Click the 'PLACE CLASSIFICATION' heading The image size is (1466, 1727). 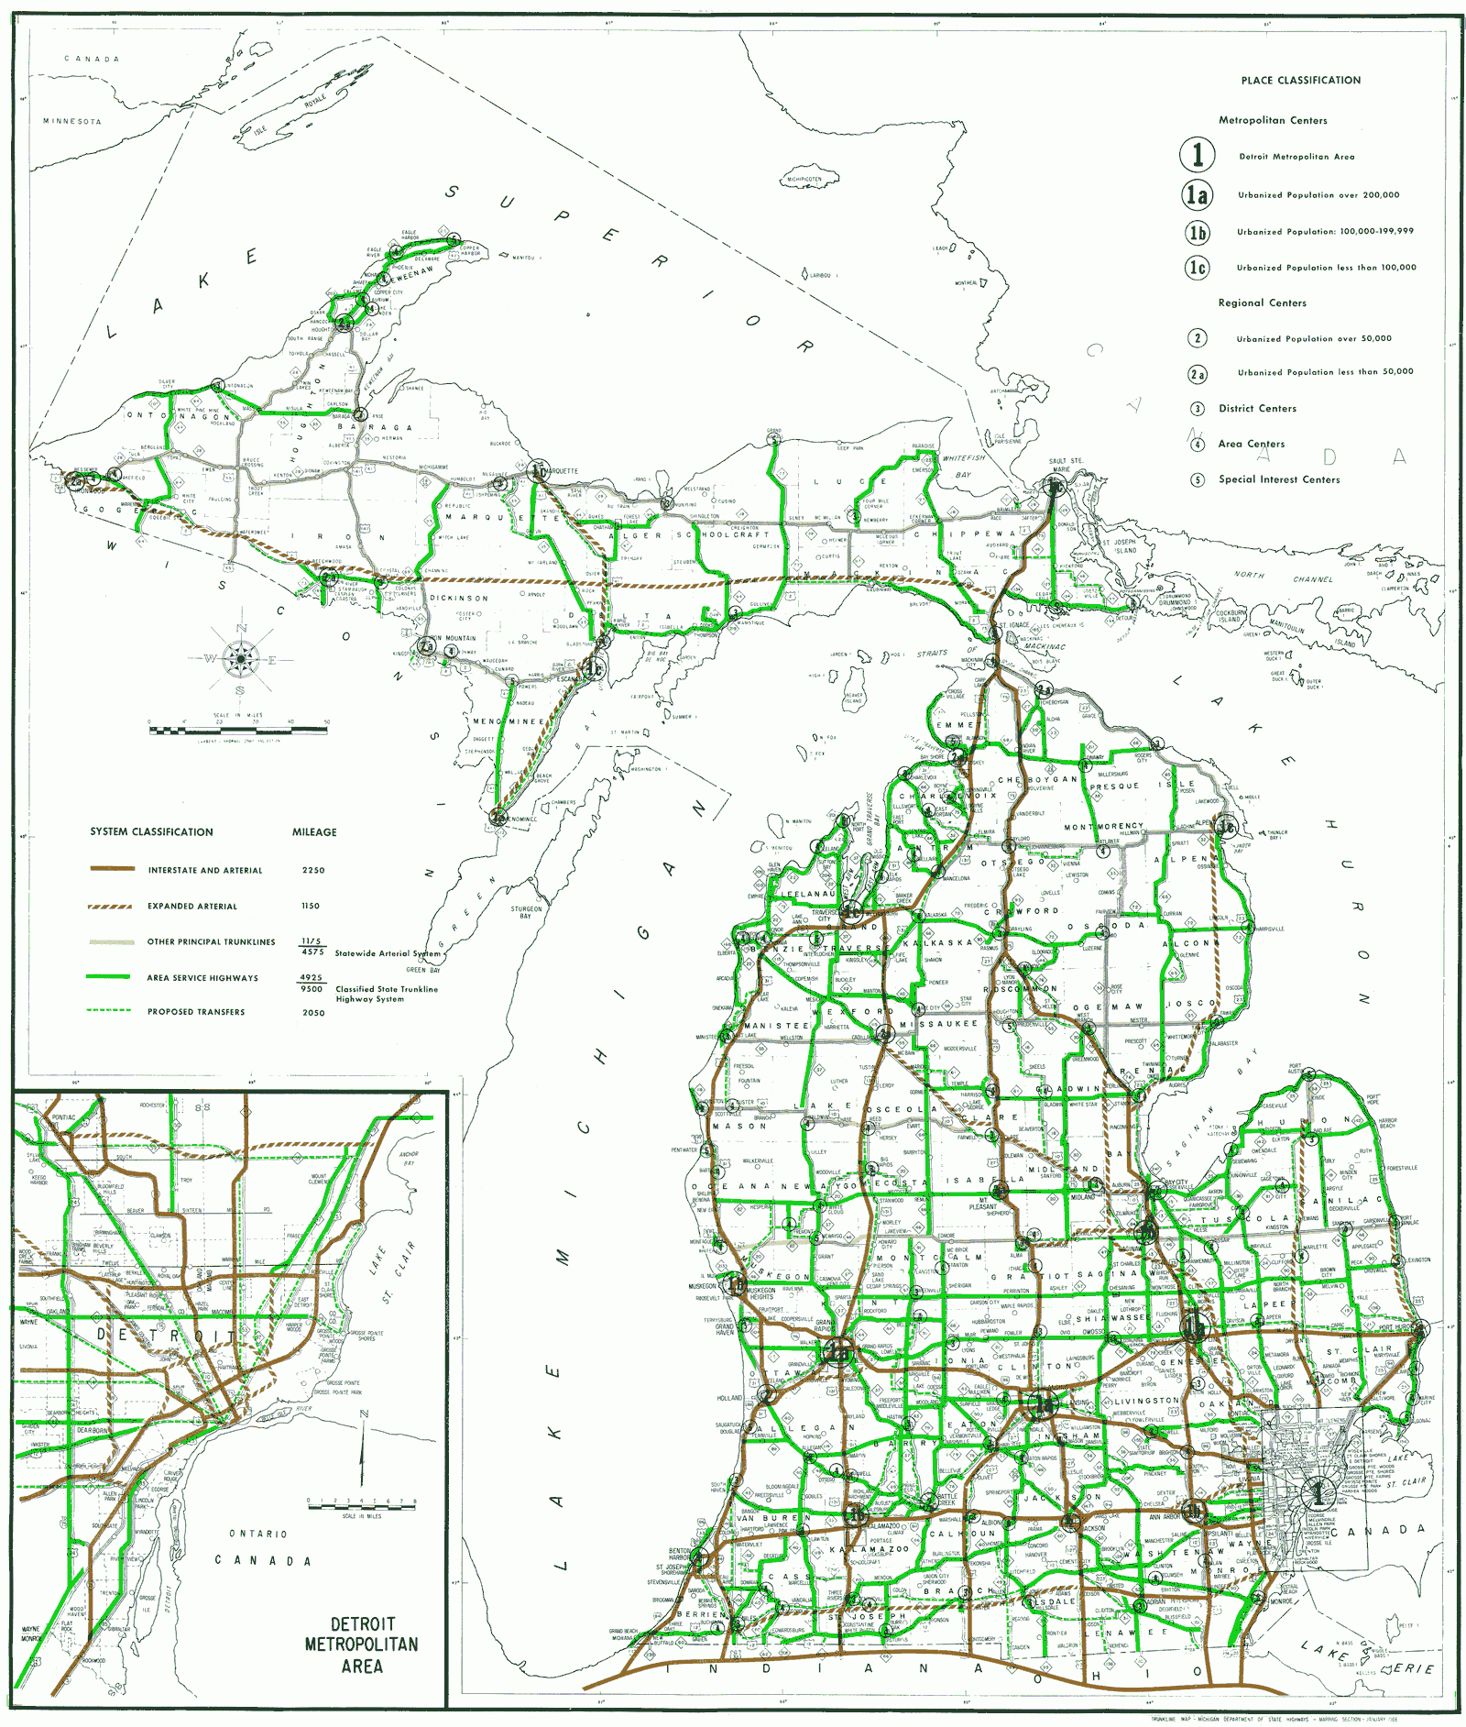[x=1300, y=81]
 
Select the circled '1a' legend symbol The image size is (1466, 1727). [x=1198, y=194]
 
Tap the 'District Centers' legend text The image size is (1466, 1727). [x=1257, y=409]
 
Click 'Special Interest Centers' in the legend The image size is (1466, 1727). [x=1278, y=479]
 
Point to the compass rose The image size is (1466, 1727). [x=240, y=657]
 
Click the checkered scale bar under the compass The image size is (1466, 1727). [x=238, y=731]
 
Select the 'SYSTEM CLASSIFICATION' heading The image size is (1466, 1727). [x=151, y=832]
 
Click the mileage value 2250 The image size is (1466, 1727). [x=313, y=870]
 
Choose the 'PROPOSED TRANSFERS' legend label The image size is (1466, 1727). [x=196, y=1012]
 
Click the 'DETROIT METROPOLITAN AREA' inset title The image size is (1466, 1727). [x=362, y=1644]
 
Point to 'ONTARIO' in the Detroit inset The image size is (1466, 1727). [x=258, y=1534]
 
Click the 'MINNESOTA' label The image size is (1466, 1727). [x=72, y=121]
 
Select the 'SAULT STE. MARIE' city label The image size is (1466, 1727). [x=1065, y=465]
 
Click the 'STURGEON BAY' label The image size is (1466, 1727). [x=527, y=912]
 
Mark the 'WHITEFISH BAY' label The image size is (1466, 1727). [x=963, y=466]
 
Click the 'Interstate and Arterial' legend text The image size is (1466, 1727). [x=204, y=870]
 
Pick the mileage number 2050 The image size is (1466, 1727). [x=313, y=1012]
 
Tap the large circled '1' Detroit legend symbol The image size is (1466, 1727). [x=1198, y=155]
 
